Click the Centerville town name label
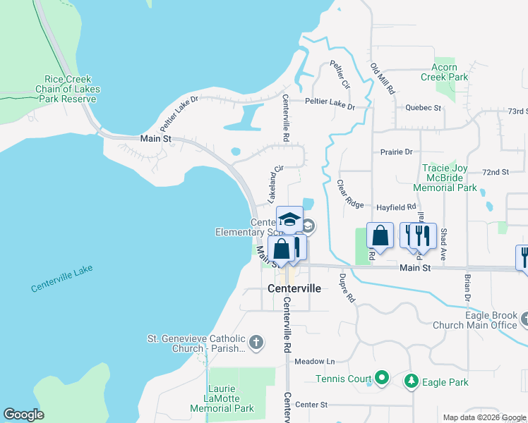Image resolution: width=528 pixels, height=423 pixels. tap(294, 289)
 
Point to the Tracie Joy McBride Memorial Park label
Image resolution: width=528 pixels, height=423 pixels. tap(449, 178)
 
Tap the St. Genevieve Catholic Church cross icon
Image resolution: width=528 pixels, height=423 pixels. tap(256, 343)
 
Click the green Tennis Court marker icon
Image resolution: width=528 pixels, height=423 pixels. tap(382, 379)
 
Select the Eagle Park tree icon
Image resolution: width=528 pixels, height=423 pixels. tap(411, 381)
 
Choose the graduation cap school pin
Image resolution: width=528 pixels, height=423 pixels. tap(289, 219)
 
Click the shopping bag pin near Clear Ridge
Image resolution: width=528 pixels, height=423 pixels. tap(380, 235)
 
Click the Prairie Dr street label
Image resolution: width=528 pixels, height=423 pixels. tap(396, 152)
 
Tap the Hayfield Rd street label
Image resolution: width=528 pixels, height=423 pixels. tap(396, 207)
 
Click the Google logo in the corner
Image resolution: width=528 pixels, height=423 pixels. tap(23, 415)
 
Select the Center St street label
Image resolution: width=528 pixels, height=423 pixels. tap(312, 405)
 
